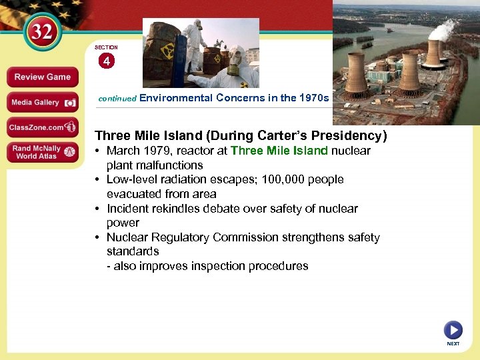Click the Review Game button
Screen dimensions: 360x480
(42, 77)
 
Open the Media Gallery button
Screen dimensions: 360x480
(42, 103)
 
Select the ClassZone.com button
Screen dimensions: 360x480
(42, 127)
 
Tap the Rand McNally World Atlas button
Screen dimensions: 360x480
(42, 152)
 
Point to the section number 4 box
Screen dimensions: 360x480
(106, 61)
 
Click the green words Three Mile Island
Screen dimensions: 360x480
(279, 151)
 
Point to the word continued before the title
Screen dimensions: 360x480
(117, 98)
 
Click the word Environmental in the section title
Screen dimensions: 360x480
(175, 97)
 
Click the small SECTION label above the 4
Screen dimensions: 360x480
(106, 47)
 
